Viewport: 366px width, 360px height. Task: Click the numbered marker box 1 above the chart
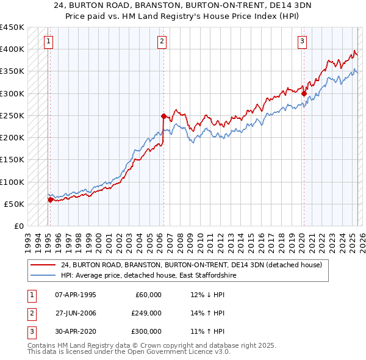point(48,41)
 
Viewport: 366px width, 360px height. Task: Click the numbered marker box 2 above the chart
point(162,41)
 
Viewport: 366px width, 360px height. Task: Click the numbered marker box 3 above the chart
point(303,41)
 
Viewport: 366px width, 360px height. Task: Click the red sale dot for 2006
point(163,115)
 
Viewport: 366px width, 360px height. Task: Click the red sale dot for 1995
point(50,199)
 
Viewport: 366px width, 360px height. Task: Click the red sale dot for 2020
point(303,93)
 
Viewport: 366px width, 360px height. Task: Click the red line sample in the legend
point(43,265)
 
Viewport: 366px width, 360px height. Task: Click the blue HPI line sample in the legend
point(43,275)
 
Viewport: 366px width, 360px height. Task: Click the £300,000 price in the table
point(146,331)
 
